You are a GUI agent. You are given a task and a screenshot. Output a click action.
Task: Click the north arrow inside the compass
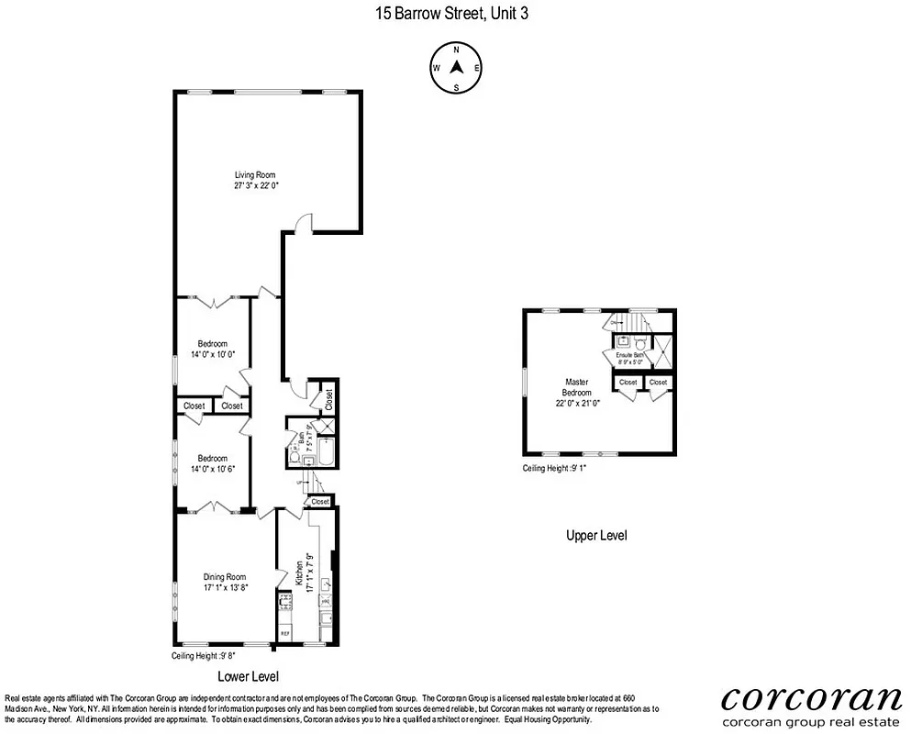[455, 67]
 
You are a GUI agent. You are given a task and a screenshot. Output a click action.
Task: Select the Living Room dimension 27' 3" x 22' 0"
[255, 185]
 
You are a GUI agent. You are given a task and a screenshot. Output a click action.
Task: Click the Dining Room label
[224, 577]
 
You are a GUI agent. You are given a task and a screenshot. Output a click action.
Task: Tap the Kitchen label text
[299, 573]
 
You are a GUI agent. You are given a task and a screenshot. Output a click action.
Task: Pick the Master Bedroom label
[576, 387]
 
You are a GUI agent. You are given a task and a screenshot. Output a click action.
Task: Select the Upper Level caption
[596, 536]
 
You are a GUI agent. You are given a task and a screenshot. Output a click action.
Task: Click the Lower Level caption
[248, 677]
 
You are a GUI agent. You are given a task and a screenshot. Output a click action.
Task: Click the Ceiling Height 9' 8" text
[204, 656]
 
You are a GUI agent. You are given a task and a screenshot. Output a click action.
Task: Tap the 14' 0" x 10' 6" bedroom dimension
[212, 469]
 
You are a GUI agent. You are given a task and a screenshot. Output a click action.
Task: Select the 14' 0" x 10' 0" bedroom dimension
[212, 354]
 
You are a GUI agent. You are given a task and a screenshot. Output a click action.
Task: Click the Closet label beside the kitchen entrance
[320, 502]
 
